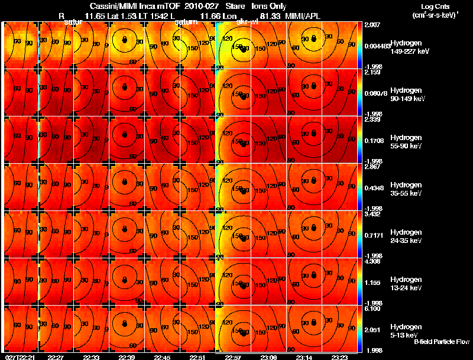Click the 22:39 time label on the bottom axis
[127, 357]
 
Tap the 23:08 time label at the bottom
[269, 357]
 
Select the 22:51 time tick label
[197, 357]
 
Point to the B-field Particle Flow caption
[441, 342]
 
